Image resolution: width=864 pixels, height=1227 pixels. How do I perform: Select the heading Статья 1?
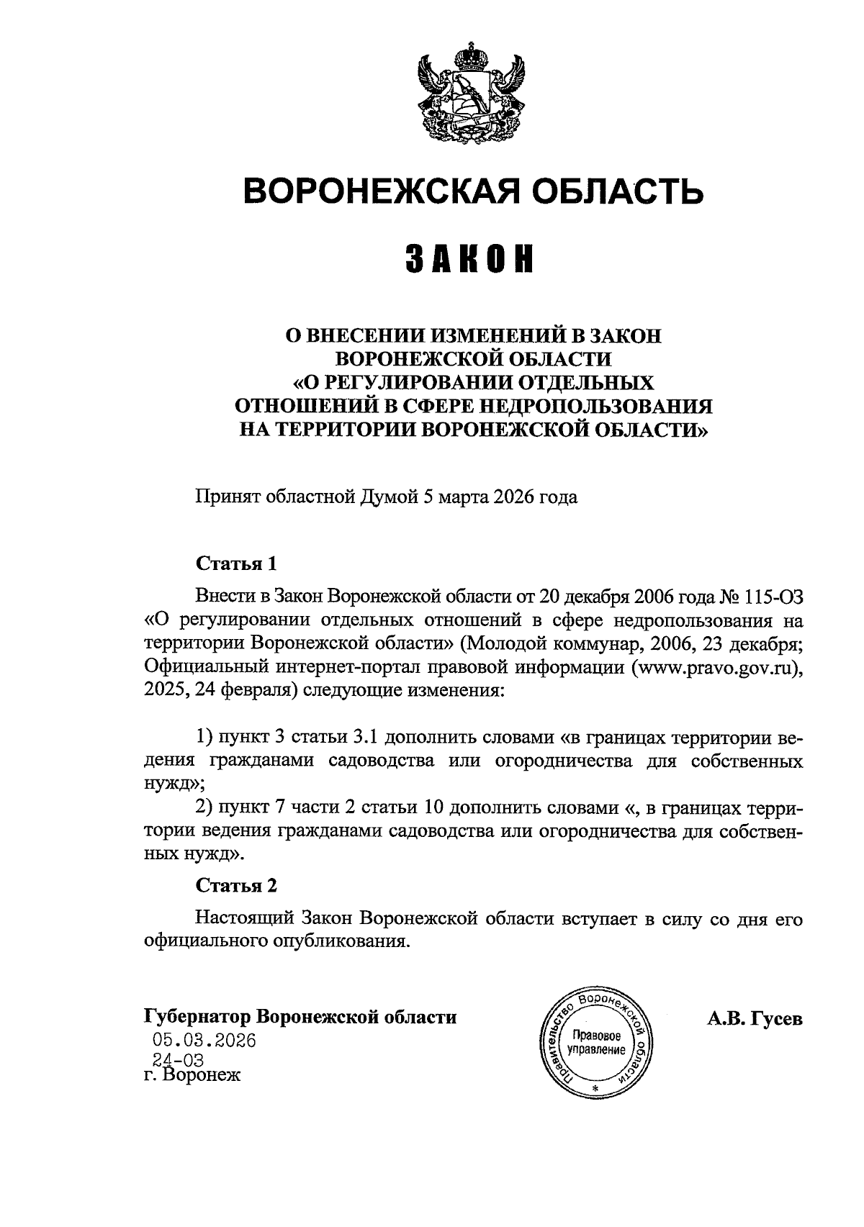click(236, 563)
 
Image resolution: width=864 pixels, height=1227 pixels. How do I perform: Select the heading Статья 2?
click(236, 885)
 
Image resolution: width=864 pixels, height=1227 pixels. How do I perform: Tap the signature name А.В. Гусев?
click(755, 1018)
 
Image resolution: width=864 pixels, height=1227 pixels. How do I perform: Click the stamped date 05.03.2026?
click(204, 1041)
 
